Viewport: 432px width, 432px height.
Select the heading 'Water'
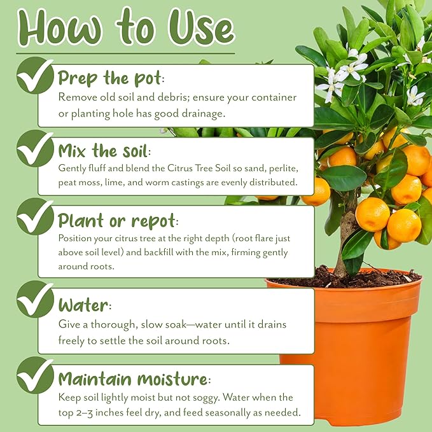85,303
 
